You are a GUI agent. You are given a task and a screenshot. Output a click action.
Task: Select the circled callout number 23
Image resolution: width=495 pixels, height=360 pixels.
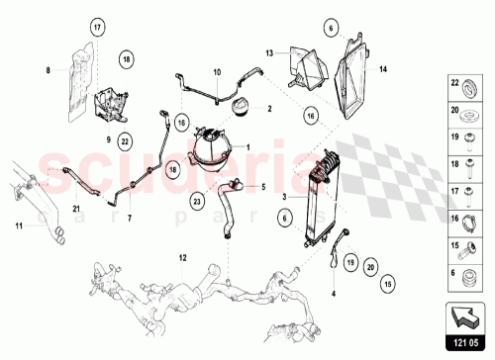pos(197,201)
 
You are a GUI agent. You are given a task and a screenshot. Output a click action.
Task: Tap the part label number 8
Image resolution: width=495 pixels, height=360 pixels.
pos(47,69)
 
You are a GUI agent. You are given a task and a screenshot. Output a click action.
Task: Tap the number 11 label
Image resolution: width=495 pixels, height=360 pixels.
pos(17,226)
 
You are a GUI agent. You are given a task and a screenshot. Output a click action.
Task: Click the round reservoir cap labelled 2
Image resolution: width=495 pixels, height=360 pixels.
pos(240,108)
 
